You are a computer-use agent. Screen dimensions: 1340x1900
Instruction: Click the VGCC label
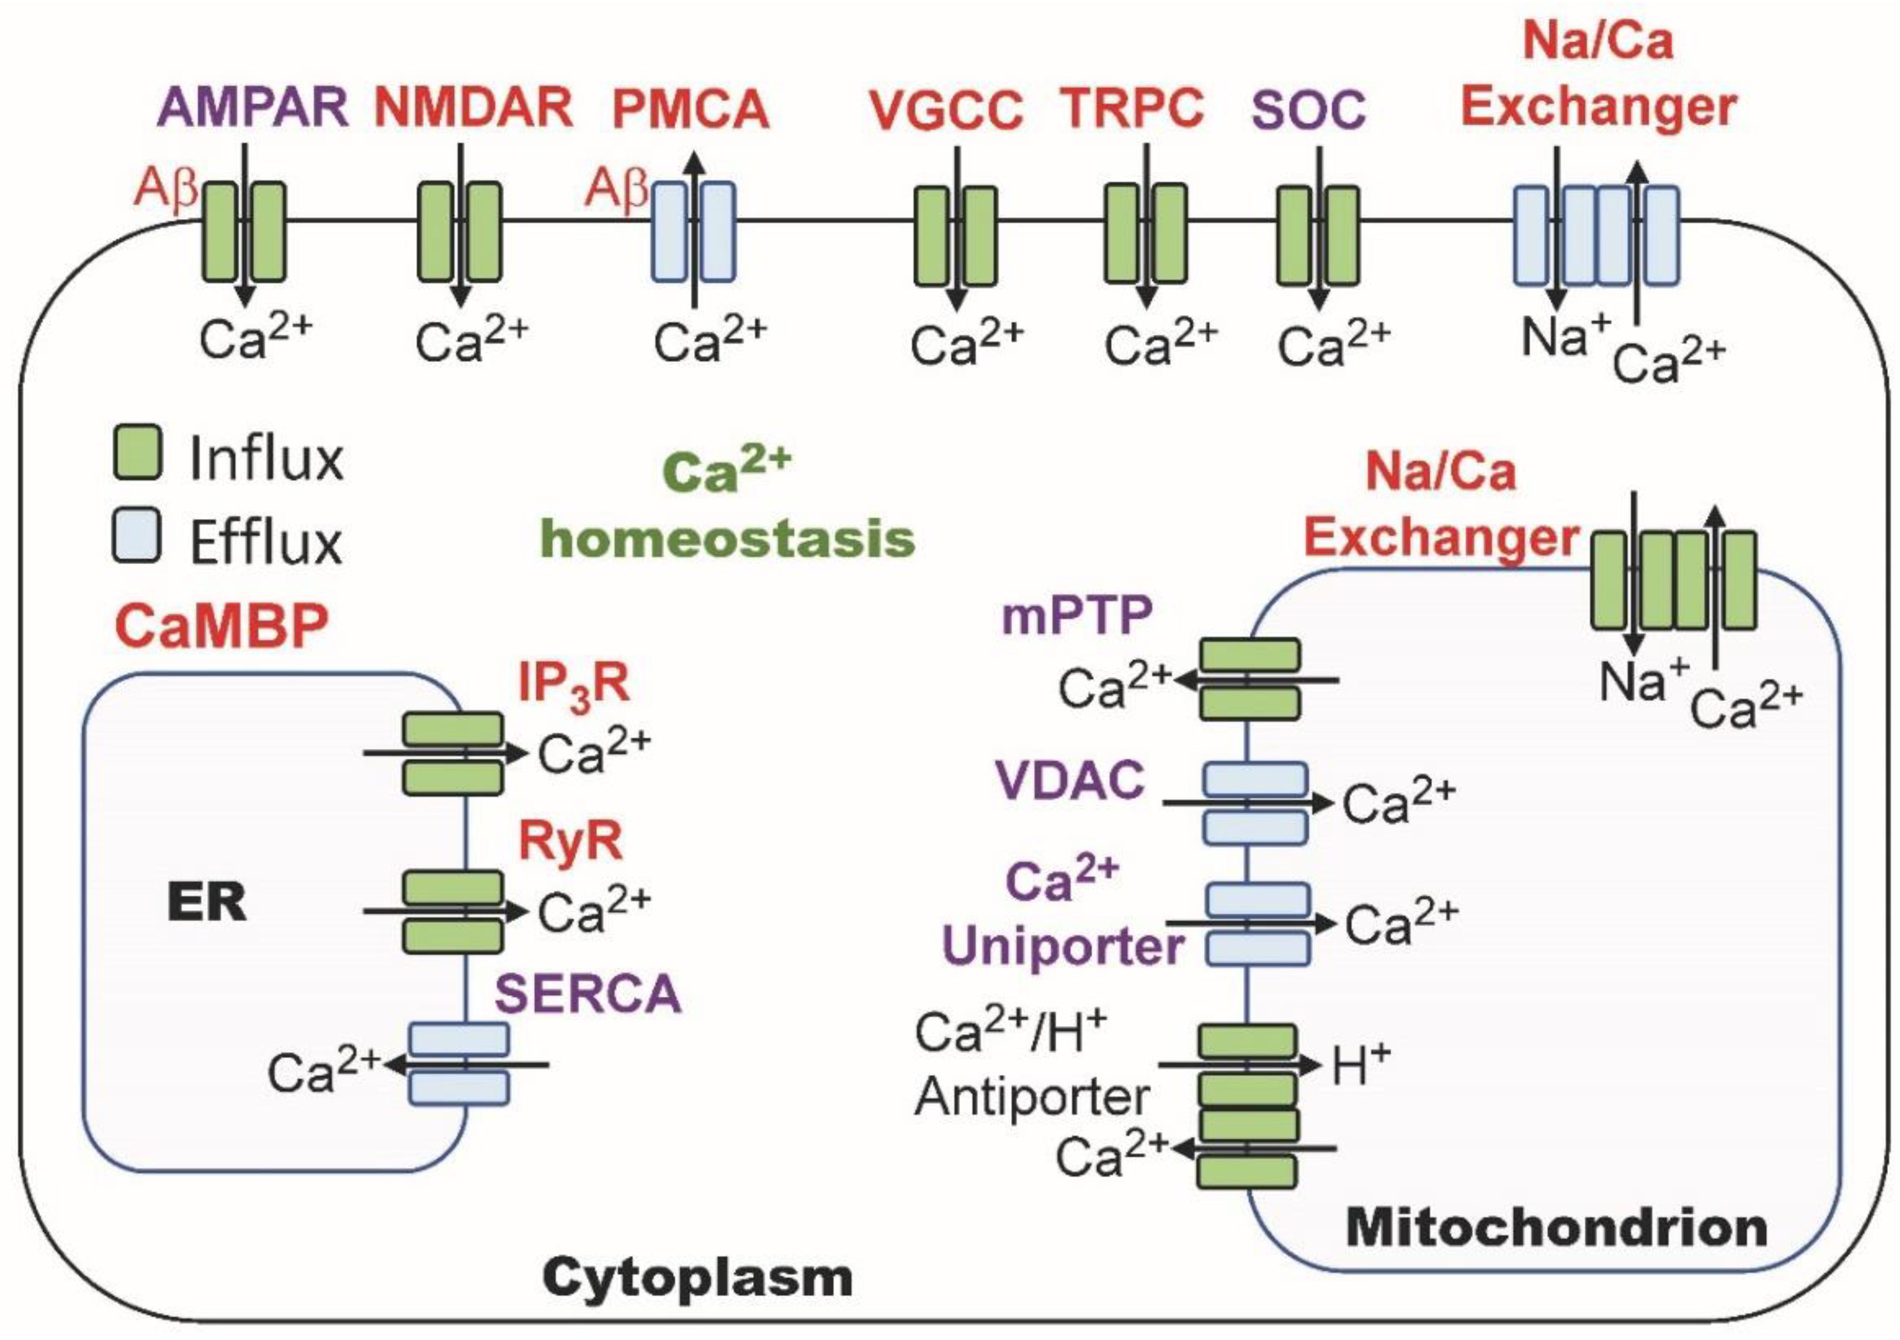946,110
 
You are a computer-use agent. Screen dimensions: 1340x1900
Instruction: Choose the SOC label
1309,110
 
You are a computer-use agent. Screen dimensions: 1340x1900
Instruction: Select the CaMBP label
222,625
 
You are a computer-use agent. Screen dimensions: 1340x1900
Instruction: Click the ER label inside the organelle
207,903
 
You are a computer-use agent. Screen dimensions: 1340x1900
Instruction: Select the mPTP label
1077,616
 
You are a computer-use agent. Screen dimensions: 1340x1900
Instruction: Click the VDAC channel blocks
1255,803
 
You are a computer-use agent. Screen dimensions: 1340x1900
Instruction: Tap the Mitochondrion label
1557,1228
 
